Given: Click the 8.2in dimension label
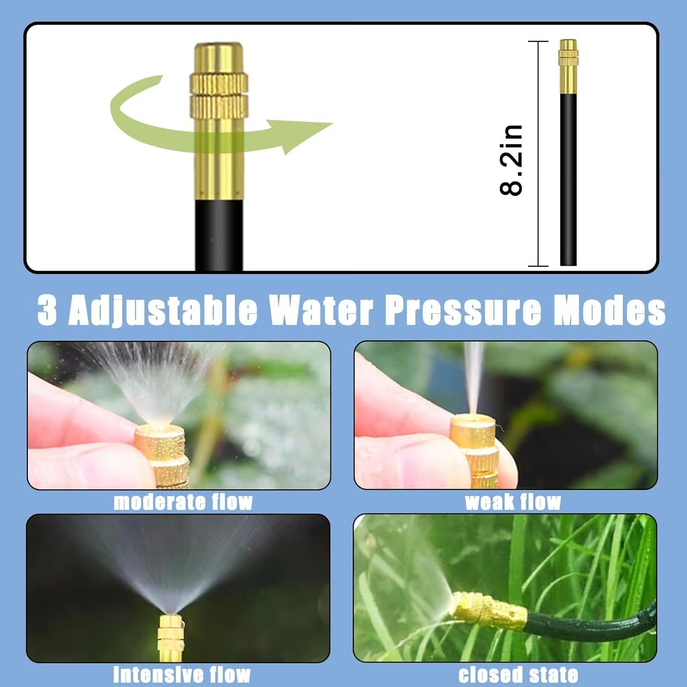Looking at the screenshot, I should tap(511, 160).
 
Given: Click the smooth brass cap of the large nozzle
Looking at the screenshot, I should tap(219, 57).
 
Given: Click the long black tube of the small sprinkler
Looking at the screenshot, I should tap(568, 179).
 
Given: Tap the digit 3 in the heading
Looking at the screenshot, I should tap(47, 310).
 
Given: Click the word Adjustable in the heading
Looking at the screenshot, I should tap(163, 310).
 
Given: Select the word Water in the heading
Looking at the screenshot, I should tap(321, 310).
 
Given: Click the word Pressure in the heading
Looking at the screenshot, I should tap(463, 310).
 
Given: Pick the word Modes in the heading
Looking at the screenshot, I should tap(609, 310).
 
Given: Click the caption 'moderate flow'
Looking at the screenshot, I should tap(183, 502).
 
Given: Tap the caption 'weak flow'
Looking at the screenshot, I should tap(513, 502).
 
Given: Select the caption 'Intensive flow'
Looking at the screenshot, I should tap(182, 675).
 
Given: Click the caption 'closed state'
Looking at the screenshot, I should tap(518, 675).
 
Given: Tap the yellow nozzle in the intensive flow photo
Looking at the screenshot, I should tap(170, 637).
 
